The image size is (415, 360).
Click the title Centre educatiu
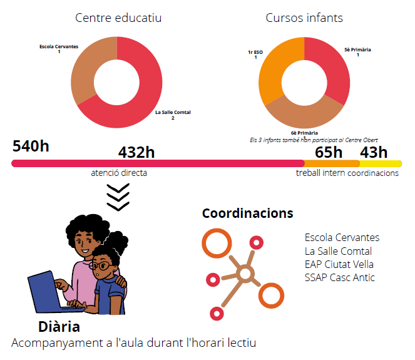click(118, 18)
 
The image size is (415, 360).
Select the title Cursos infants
click(304, 18)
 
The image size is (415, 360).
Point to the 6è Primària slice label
click(304, 133)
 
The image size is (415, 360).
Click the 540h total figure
click(31, 147)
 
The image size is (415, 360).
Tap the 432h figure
click(136, 152)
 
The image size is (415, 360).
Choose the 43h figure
click(374, 152)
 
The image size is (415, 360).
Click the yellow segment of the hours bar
click(380, 163)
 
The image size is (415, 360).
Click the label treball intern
click(320, 173)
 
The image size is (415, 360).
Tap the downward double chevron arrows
click(118, 197)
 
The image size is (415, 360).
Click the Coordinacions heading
click(247, 213)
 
